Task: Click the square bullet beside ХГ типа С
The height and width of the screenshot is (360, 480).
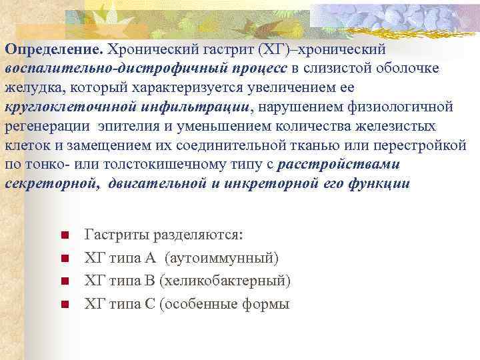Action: click(64, 305)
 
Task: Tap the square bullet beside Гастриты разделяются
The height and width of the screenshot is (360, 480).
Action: click(64, 235)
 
